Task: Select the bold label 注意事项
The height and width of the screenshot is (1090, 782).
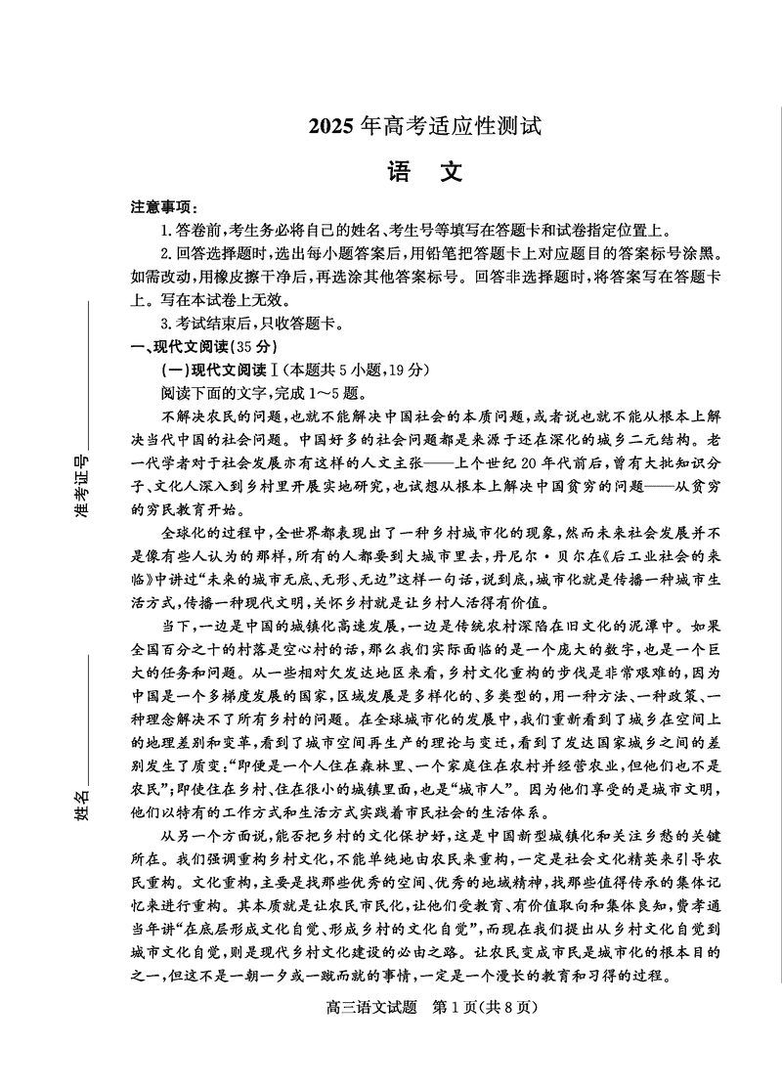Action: pyautogui.click(x=163, y=207)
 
